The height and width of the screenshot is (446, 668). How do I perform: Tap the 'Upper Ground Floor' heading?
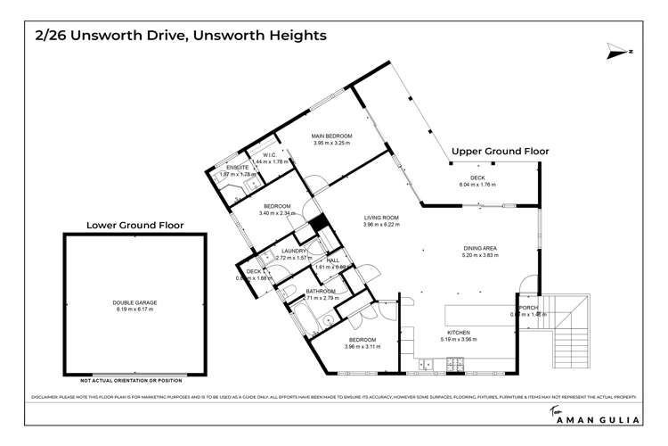coord(501,152)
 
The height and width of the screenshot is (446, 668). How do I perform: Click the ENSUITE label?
coord(237,168)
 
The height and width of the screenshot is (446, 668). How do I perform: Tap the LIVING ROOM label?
coord(380,217)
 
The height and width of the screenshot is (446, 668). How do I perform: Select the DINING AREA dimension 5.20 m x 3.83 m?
coord(480,255)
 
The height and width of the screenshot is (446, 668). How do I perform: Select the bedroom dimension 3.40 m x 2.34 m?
coord(274,213)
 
